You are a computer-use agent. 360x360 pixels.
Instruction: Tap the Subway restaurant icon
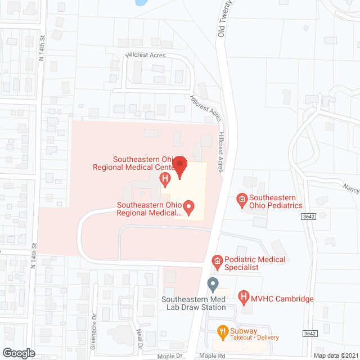pos(223,331)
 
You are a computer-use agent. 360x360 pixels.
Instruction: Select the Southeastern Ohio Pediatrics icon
pos(242,199)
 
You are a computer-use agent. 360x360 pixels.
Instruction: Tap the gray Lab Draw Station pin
pos(213,285)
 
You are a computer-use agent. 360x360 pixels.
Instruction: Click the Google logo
pos(18,353)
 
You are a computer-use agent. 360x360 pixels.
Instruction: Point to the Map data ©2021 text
pos(336,355)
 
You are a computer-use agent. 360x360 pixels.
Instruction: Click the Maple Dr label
pos(172,356)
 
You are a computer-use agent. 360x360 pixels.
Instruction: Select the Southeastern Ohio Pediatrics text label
pos(276,201)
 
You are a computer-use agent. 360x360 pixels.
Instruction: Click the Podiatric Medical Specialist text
pos(255,263)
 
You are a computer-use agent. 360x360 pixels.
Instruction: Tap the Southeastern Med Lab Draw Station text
pos(193,303)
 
